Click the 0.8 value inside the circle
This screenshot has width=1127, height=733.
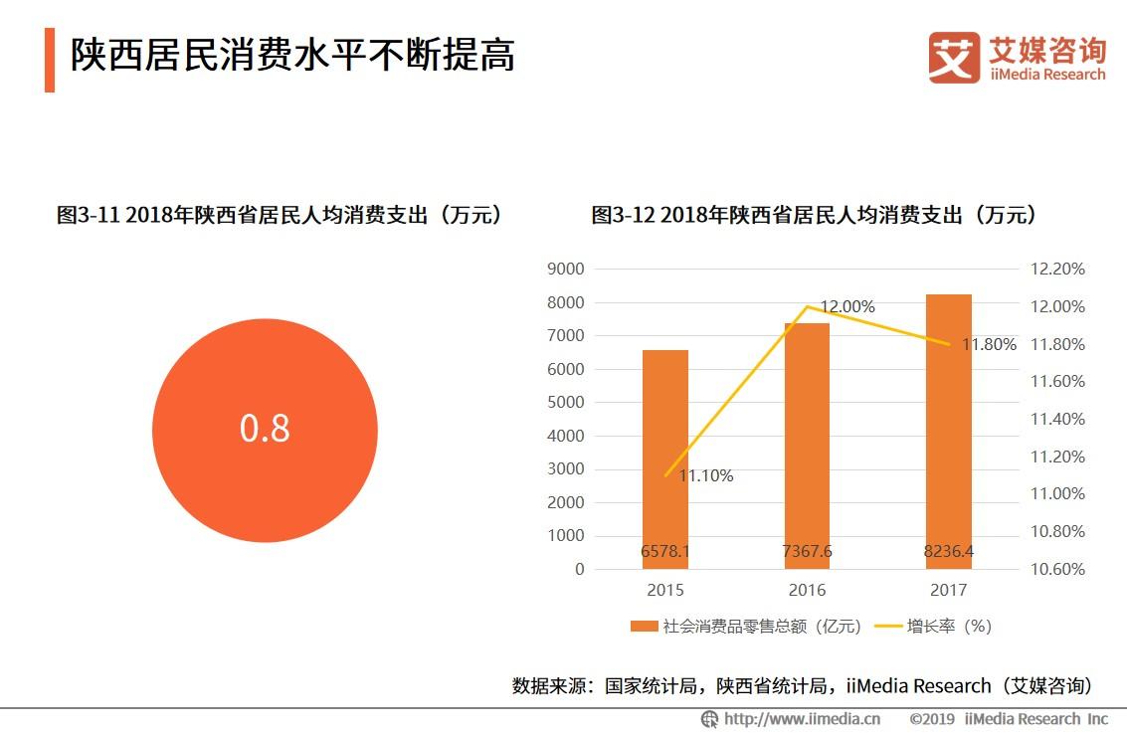(x=265, y=428)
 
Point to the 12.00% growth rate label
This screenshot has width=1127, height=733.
(x=846, y=307)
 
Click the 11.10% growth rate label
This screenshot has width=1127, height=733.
(x=705, y=476)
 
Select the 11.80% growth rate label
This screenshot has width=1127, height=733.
(x=988, y=345)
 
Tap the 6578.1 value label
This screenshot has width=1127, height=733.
(x=664, y=552)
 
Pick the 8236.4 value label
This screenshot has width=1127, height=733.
(x=949, y=552)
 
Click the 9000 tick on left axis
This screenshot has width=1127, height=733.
(x=565, y=270)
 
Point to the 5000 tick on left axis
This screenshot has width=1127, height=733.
(x=565, y=403)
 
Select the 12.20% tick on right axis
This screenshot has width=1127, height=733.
(x=1056, y=270)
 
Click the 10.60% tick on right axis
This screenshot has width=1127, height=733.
(x=1056, y=570)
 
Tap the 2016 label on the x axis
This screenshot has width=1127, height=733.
(x=807, y=591)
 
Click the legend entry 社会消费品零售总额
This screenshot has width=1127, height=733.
(x=746, y=627)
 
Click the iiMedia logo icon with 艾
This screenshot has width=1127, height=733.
(x=953, y=58)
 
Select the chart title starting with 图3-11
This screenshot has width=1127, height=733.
(x=280, y=215)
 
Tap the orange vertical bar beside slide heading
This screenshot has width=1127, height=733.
(x=50, y=60)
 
